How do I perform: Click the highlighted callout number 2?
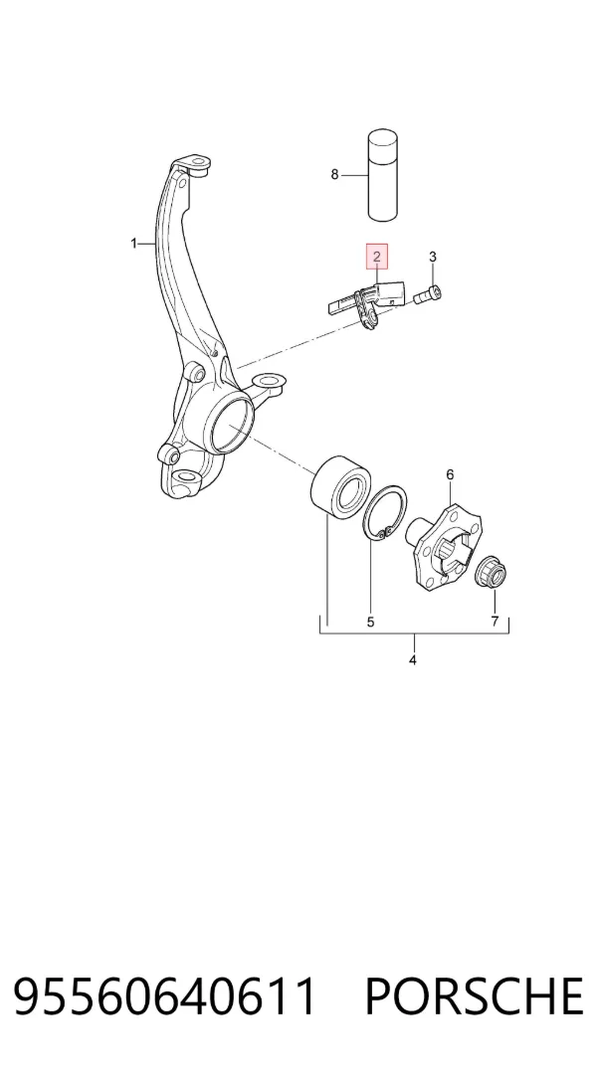[x=377, y=257]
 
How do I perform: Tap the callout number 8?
[x=334, y=174]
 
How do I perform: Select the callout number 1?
[x=134, y=244]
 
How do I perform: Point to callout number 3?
[x=432, y=257]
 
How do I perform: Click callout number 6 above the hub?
[x=450, y=474]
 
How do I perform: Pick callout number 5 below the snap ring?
[x=370, y=623]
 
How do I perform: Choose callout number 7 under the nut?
[x=494, y=623]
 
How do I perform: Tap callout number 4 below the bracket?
[x=412, y=660]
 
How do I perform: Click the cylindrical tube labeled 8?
[x=383, y=175]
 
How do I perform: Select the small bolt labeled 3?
[x=427, y=295]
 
